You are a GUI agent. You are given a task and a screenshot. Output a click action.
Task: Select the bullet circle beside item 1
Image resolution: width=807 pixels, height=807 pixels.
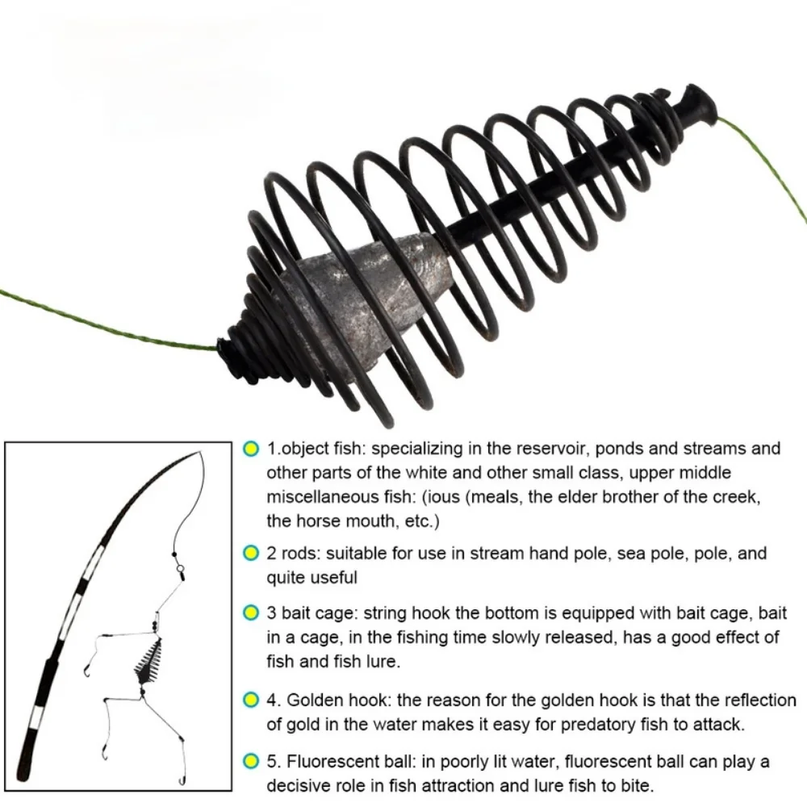click(x=251, y=449)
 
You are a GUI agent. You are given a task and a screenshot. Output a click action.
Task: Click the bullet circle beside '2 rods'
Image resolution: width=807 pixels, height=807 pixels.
click(x=251, y=554)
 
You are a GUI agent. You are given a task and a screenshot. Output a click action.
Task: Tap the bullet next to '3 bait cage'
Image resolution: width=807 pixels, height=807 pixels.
click(x=251, y=614)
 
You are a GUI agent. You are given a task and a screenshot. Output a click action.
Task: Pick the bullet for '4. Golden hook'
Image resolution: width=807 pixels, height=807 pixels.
click(x=251, y=700)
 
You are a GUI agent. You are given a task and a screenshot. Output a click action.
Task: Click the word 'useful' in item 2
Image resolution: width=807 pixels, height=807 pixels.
click(x=332, y=578)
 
